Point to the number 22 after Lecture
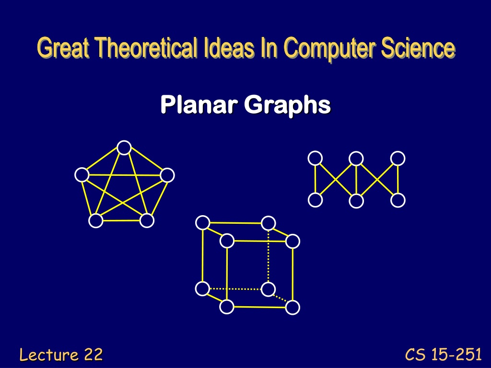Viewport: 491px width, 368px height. (x=94, y=355)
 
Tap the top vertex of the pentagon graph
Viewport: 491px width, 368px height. (x=124, y=148)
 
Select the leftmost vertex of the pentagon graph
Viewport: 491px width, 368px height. (x=82, y=174)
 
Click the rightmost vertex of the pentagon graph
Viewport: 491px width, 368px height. (x=167, y=175)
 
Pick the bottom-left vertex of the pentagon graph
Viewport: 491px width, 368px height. (x=96, y=220)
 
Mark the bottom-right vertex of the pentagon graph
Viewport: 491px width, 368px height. (x=147, y=220)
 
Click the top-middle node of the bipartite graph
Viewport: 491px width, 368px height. (x=356, y=158)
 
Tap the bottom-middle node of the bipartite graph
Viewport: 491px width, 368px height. (x=356, y=201)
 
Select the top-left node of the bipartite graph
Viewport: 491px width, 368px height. (x=316, y=158)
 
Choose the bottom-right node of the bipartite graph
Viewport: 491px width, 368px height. (x=398, y=200)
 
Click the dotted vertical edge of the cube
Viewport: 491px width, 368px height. (x=269, y=256)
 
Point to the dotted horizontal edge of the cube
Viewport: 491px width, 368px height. (x=235, y=289)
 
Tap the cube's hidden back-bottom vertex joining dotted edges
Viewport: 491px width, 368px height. (x=269, y=289)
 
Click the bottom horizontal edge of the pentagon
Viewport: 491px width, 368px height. (x=121, y=220)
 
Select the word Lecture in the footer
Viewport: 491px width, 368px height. (x=49, y=355)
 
